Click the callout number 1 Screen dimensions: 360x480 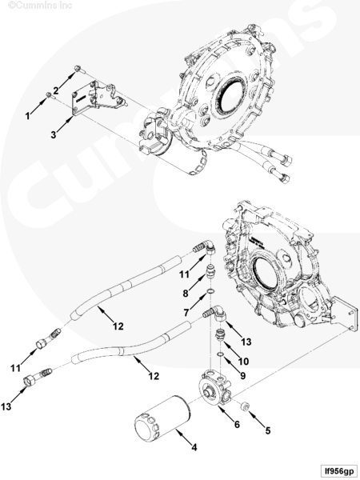point(27,116)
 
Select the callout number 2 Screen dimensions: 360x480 point(56,90)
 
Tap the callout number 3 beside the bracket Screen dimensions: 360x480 point(54,134)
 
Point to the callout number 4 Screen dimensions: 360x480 point(194,447)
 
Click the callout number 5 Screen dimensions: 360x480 point(268,430)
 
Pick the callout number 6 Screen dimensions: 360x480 point(237,424)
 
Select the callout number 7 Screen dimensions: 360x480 point(186,313)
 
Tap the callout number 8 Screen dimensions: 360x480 point(186,294)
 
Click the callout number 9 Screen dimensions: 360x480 point(242,376)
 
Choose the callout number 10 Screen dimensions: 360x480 point(243,362)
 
